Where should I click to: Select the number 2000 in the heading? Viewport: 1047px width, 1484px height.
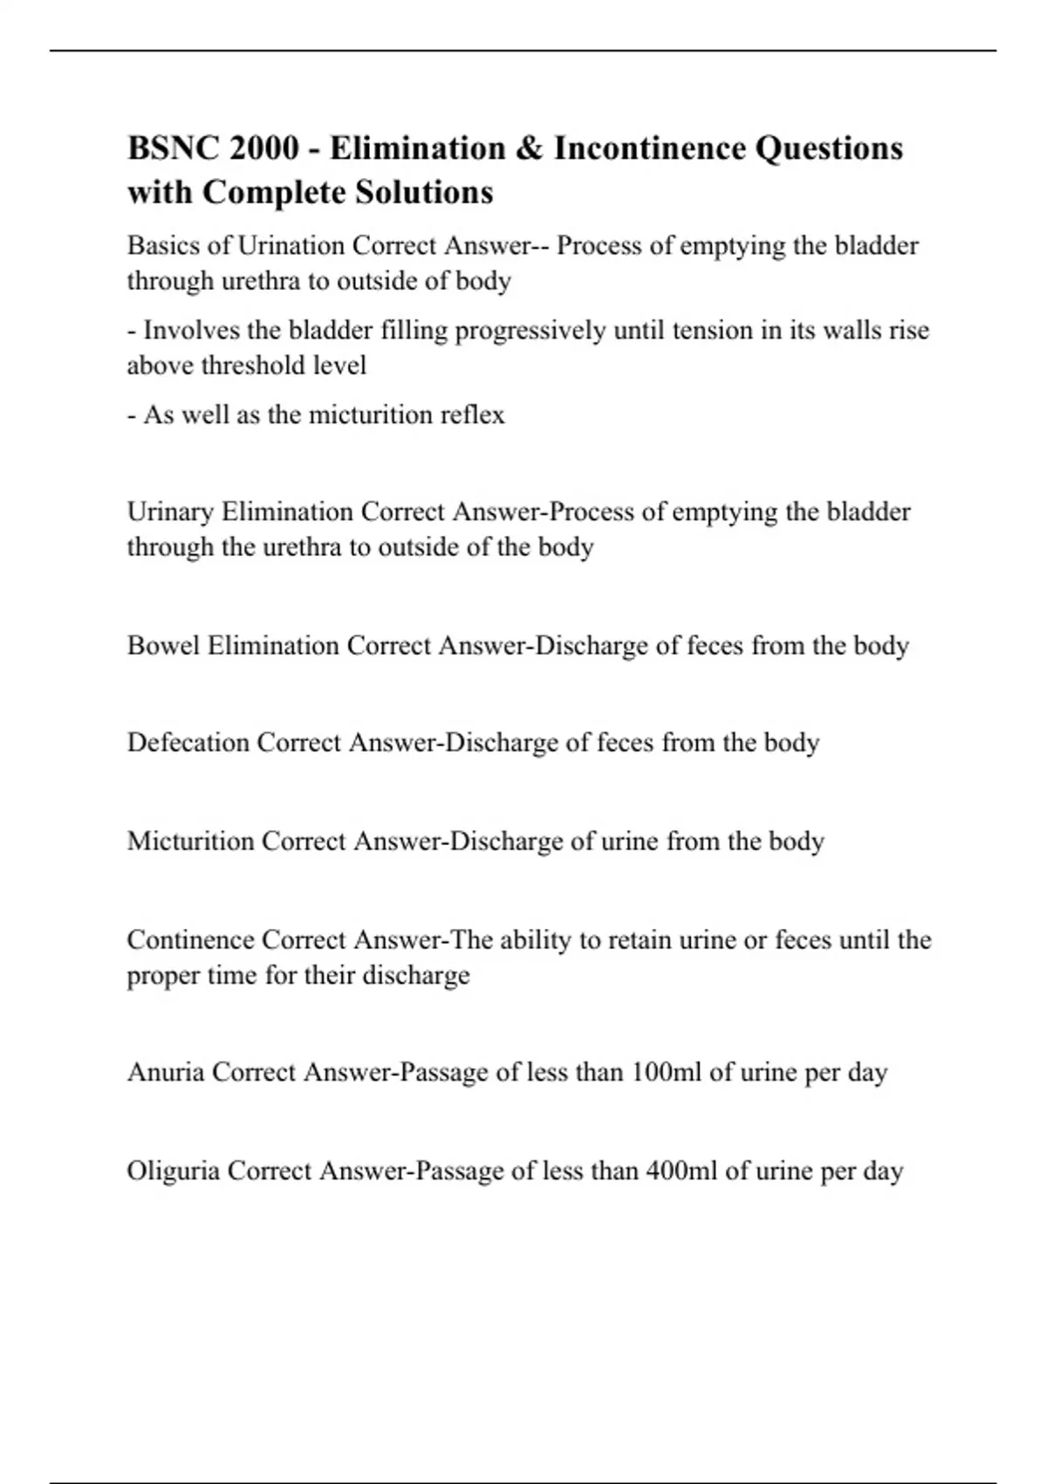coord(263,148)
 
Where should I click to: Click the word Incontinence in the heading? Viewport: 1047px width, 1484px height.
coord(649,148)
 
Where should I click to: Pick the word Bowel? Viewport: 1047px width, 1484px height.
coord(163,645)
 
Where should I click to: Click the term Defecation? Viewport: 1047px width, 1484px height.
coord(188,742)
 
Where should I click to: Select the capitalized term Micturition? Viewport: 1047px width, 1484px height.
coord(190,841)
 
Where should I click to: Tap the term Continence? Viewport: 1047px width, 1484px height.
coord(190,939)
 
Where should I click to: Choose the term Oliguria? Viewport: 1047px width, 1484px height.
coord(173,1170)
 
